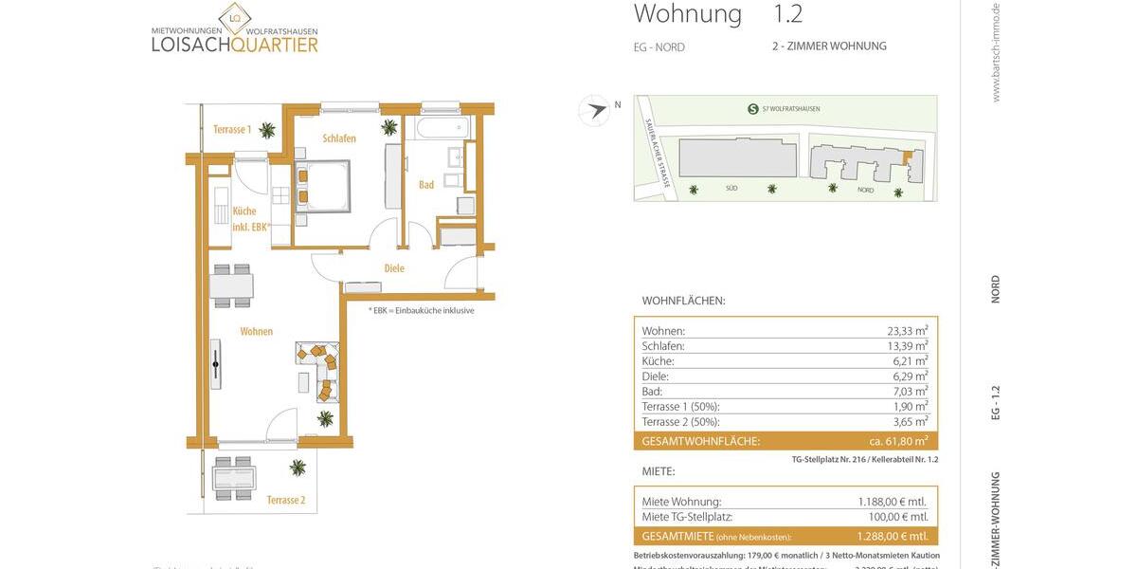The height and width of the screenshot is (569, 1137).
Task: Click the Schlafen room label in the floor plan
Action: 339,138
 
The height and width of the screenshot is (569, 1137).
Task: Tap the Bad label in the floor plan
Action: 426,185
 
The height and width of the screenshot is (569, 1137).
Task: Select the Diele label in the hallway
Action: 394,268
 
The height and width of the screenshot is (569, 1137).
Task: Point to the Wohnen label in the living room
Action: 256,332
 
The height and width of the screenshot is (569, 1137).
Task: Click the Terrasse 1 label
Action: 232,130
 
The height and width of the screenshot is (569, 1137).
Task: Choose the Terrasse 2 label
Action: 285,500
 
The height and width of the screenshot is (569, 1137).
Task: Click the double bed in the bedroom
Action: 324,185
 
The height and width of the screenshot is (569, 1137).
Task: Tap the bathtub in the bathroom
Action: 438,127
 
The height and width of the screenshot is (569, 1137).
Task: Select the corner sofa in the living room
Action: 319,368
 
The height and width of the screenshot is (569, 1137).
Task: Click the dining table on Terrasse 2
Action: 234,478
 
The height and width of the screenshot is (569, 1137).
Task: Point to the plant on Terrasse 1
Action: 268,130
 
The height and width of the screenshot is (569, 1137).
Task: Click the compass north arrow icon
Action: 595,110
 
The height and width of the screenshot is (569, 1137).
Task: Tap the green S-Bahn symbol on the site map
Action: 752,109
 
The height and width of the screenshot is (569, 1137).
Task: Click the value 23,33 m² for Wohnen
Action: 902,331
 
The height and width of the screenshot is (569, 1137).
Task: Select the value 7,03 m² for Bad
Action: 906,391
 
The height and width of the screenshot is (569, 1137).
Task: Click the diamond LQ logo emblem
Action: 234,18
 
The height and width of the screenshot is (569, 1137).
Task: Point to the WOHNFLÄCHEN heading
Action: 683,301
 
